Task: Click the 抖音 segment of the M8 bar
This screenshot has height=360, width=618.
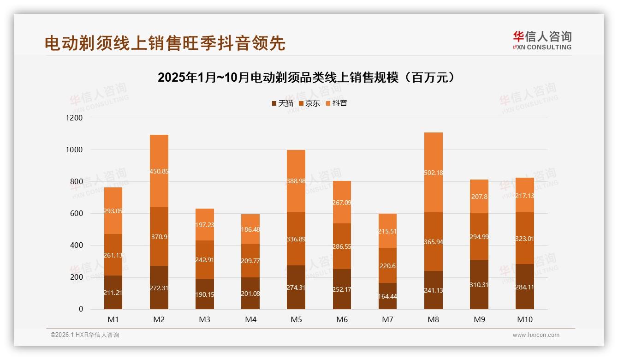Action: click(433, 172)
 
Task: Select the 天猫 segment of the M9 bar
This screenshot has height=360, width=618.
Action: click(479, 284)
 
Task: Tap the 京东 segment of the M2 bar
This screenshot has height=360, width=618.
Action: click(159, 236)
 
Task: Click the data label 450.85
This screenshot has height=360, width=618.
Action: click(159, 171)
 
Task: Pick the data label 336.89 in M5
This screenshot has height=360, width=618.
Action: click(296, 239)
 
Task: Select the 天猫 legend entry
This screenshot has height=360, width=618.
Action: click(282, 103)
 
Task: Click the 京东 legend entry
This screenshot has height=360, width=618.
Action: click(309, 103)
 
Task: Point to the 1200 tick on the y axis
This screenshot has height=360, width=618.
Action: click(74, 118)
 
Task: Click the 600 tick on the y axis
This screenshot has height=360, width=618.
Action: click(77, 214)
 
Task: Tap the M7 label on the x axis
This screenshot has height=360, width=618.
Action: click(387, 319)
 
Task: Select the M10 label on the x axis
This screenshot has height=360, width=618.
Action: click(524, 319)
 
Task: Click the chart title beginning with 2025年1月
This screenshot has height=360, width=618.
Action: click(309, 78)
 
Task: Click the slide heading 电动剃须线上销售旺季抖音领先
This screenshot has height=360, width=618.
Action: click(165, 43)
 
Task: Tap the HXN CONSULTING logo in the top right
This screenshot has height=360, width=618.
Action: click(542, 41)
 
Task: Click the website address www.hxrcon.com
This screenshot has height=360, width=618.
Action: click(536, 335)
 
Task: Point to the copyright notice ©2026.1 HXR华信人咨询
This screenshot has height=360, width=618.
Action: click(85, 335)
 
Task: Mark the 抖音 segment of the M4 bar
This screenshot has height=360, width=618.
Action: click(250, 229)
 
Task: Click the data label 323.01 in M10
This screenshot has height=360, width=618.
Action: click(524, 239)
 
